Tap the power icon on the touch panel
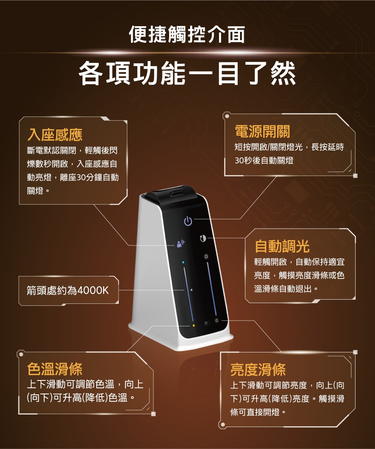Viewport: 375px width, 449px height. pyautogui.click(x=188, y=221)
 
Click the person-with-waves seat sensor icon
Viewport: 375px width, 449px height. pyautogui.click(x=181, y=244)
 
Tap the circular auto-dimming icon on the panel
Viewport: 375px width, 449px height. pyautogui.click(x=203, y=238)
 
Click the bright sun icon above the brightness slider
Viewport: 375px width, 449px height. pyautogui.click(x=206, y=257)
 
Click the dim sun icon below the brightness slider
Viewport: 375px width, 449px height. pyautogui.click(x=217, y=321)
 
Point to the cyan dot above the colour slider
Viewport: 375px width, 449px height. pyautogui.click(x=183, y=262)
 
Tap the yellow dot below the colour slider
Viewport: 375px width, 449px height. pyautogui.click(x=193, y=326)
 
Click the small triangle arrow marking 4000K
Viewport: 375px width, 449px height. pyautogui.click(x=191, y=290)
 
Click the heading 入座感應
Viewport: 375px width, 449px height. pyautogui.click(x=55, y=135)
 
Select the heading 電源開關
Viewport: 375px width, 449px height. pyautogui.click(x=262, y=131)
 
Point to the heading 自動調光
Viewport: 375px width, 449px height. pyautogui.click(x=282, y=247)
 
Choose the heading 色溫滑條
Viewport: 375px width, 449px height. pyautogui.click(x=55, y=369)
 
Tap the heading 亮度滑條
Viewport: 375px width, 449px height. pyautogui.click(x=258, y=369)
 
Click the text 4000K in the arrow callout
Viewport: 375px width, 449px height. pyautogui.click(x=93, y=290)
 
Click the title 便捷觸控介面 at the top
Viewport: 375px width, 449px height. pyautogui.click(x=187, y=34)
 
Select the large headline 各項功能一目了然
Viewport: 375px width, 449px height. pyautogui.click(x=187, y=73)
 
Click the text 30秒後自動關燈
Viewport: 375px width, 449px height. pyautogui.click(x=264, y=161)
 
